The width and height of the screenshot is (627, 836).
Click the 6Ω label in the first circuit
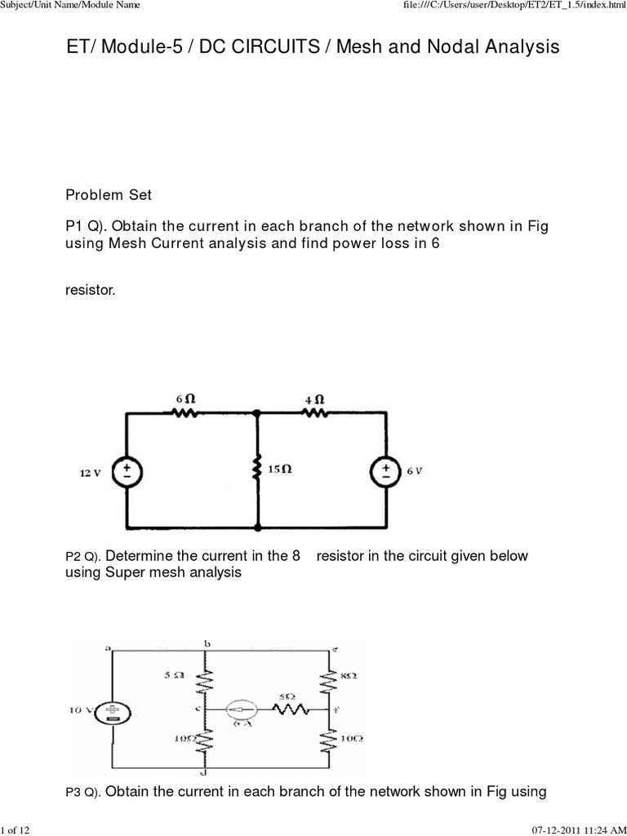[x=185, y=398]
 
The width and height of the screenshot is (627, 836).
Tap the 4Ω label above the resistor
[x=316, y=398]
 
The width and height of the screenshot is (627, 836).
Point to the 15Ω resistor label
[x=280, y=470]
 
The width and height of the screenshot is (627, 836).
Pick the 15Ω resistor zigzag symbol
[x=258, y=470]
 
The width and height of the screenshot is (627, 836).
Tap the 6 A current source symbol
[x=243, y=709]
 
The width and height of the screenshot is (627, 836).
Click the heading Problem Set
[x=108, y=195]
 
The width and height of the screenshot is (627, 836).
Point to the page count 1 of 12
[x=16, y=829]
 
